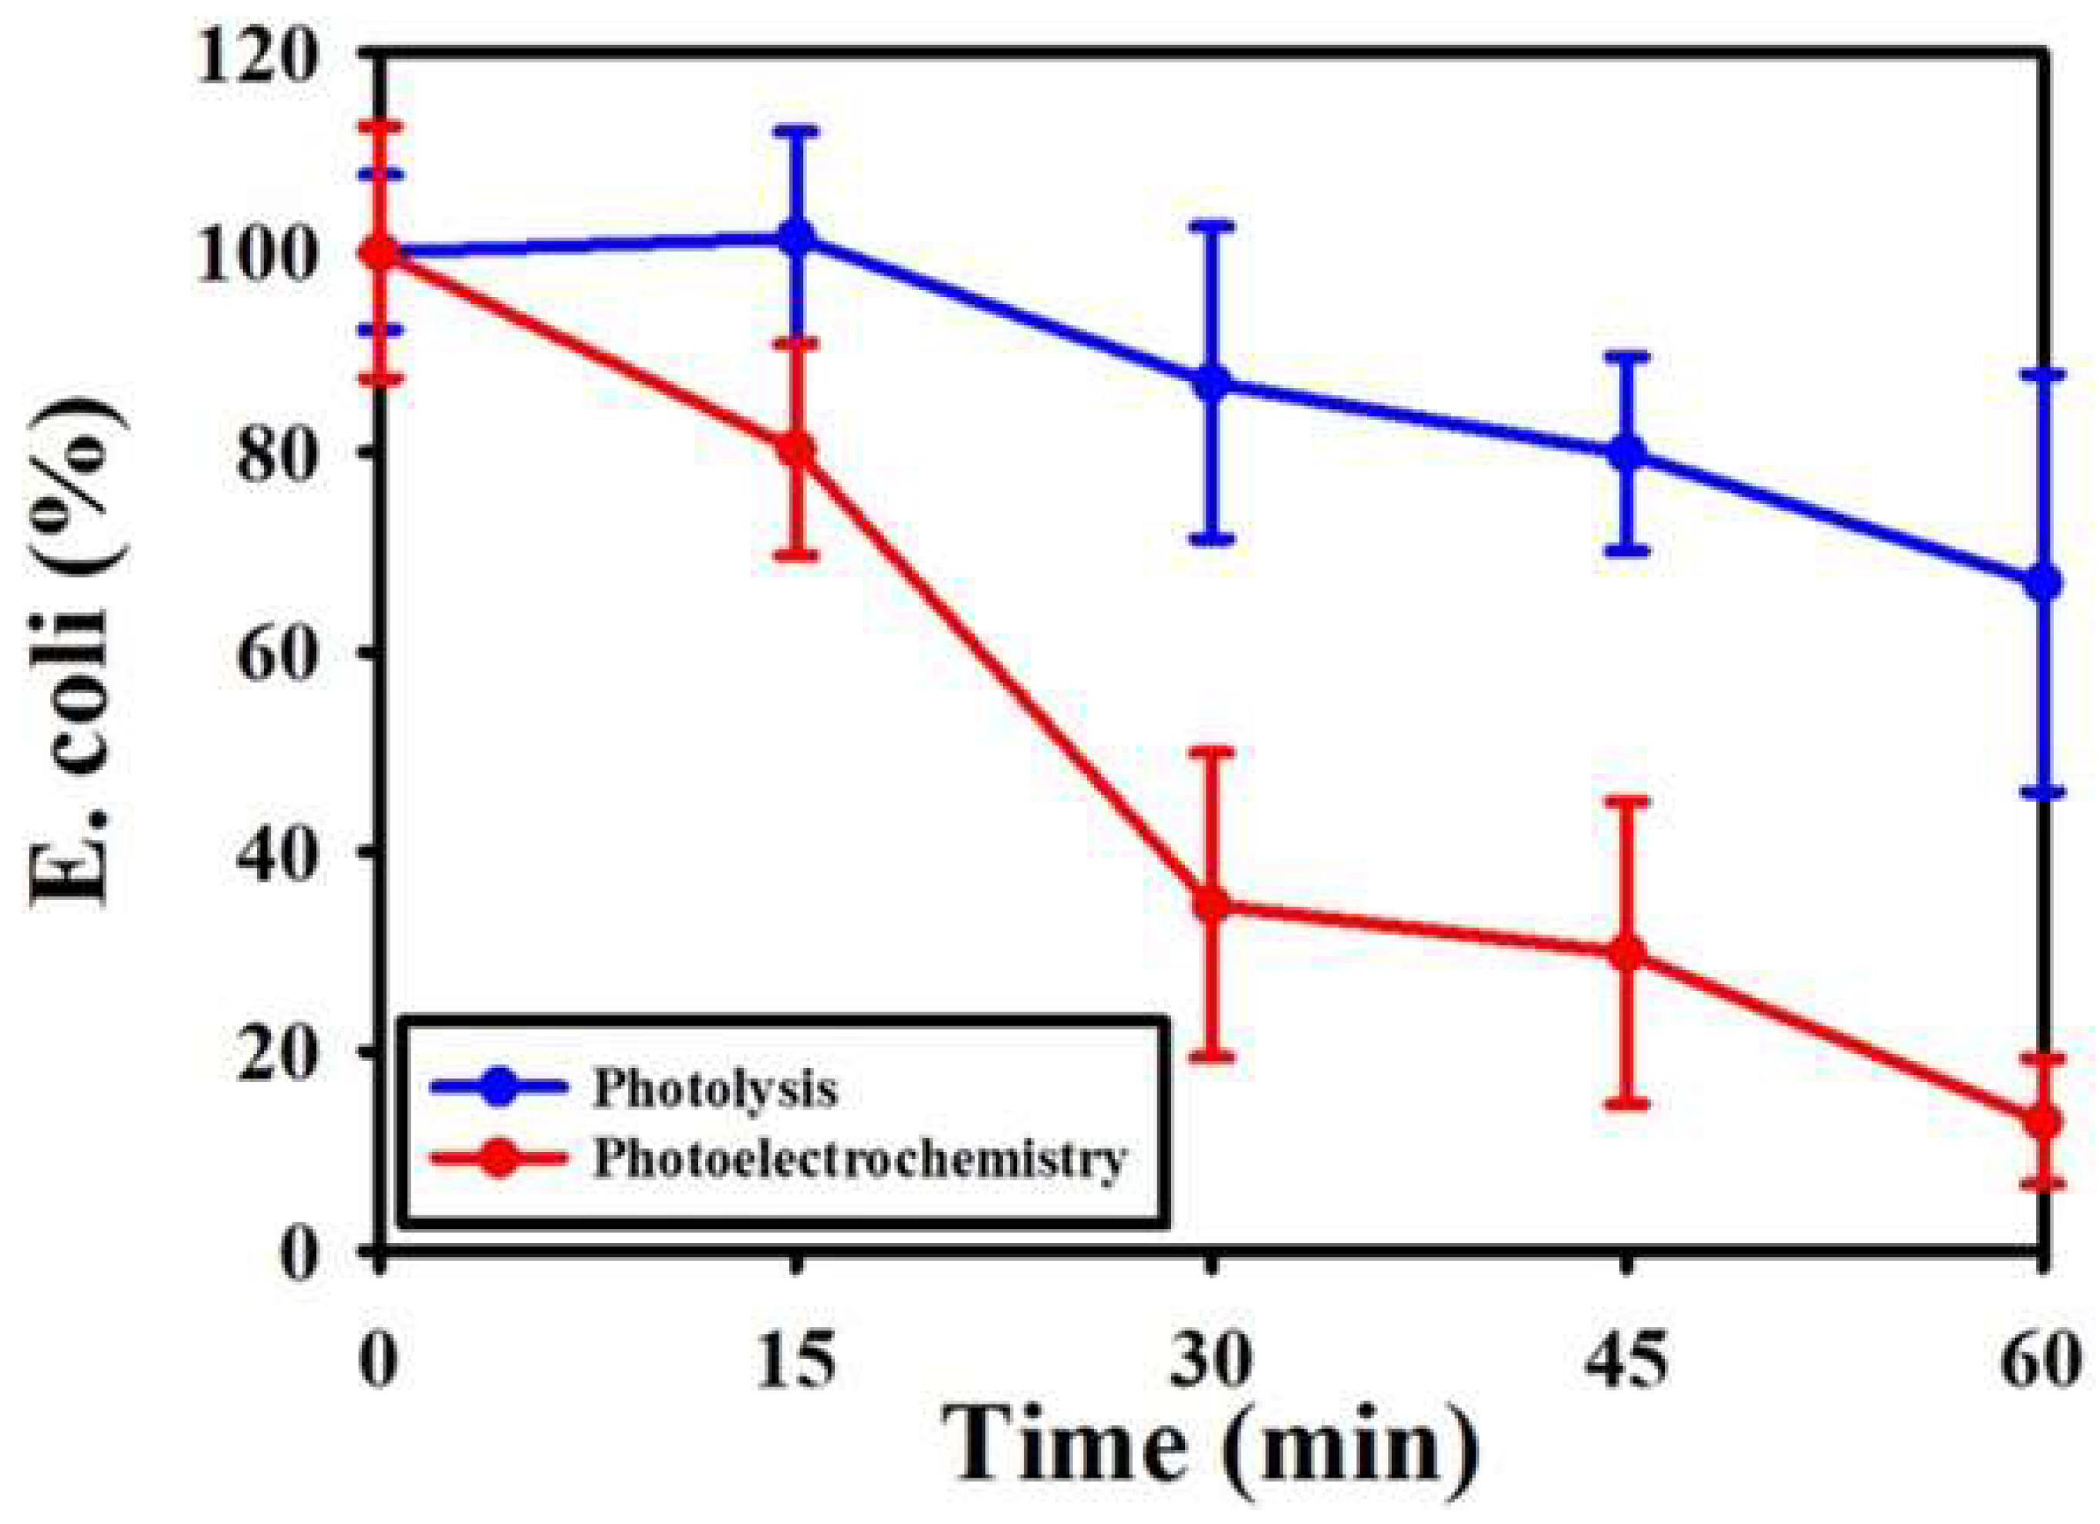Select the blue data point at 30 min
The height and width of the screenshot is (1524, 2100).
1212,383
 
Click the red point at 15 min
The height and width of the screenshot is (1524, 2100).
797,450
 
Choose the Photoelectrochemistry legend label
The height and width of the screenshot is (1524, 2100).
859,1158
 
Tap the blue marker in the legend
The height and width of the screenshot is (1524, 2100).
501,1089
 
